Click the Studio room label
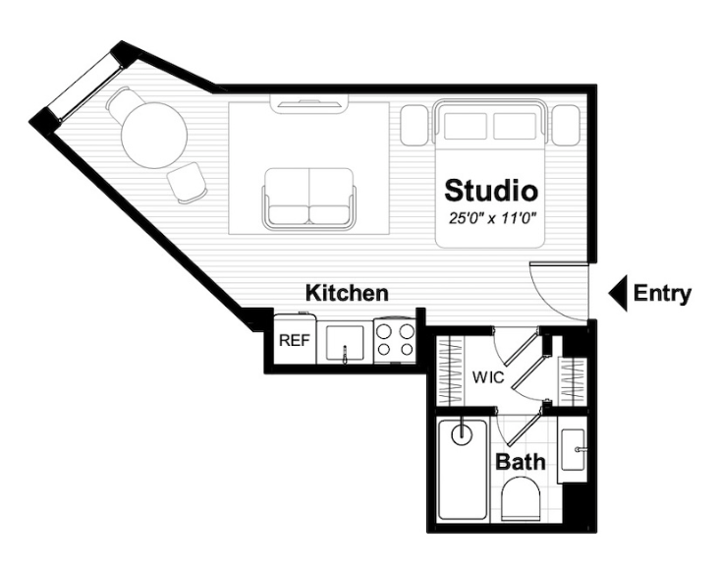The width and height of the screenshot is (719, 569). coord(491,191)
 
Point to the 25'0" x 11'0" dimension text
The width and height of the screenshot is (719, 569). coord(492,219)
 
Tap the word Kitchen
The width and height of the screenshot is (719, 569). coord(347,293)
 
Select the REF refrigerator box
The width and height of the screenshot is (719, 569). coord(295,339)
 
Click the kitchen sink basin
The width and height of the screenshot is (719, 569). coord(345,342)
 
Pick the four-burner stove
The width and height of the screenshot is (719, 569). coord(395,340)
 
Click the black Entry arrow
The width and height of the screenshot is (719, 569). coord(618,294)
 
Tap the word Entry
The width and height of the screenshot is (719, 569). coord(662,294)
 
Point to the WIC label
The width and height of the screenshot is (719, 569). coord(488,377)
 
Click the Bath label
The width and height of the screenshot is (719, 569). coord(521,462)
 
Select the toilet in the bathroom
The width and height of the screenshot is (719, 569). coord(521,499)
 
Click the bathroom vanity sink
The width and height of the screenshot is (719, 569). coord(574,450)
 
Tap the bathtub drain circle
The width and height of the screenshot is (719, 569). coord(462,433)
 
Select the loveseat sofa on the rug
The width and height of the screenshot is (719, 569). coord(308,199)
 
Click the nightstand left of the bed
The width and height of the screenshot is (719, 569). coord(415,125)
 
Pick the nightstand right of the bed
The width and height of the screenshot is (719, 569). coord(566,125)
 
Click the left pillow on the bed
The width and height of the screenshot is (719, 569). coord(466,126)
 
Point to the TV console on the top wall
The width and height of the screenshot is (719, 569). coord(309,103)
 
